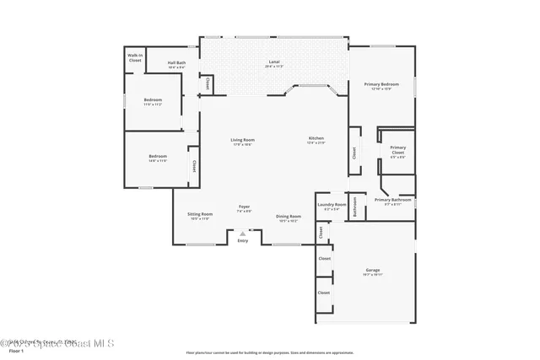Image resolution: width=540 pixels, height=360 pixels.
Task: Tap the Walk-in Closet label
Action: [135, 59]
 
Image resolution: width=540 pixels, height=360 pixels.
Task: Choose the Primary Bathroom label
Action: [397, 201]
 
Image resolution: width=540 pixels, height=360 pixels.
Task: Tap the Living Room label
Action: [243, 141]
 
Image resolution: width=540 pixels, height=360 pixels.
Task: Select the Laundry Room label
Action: [332, 206]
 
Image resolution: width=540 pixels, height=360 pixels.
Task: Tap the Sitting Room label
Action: [200, 216]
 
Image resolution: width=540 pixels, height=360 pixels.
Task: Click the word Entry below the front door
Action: [243, 241]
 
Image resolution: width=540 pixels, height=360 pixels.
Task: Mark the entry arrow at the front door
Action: [243, 234]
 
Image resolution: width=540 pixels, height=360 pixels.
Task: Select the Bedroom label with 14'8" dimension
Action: [158, 157]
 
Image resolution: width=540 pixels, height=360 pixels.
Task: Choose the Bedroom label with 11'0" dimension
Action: [153, 100]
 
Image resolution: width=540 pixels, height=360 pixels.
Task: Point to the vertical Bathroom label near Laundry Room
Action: [355, 207]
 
